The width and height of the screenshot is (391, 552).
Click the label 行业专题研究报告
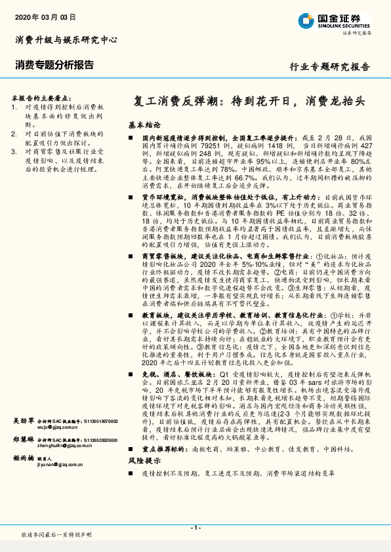pyautogui.click(x=330, y=67)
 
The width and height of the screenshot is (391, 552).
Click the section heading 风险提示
pyautogui.click(x=144, y=479)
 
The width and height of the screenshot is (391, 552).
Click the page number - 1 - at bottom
pyautogui.click(x=195, y=528)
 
